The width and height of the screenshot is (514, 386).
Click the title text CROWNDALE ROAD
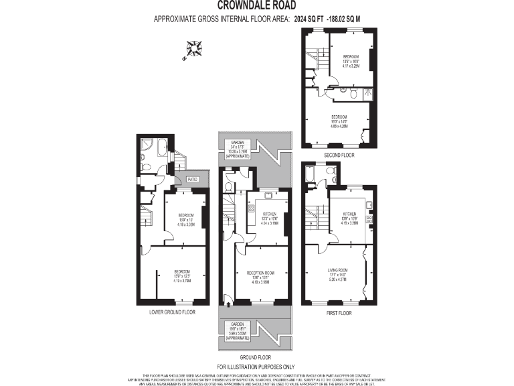(256, 7)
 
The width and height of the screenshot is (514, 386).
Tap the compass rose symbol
(194, 50)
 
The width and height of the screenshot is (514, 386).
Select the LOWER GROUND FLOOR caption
(172, 312)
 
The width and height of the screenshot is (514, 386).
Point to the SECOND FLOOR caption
(339, 155)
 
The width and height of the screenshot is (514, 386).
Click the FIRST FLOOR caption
(338, 312)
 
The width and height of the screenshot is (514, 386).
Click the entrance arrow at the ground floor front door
(230, 304)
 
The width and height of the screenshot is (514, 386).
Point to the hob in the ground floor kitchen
(252, 209)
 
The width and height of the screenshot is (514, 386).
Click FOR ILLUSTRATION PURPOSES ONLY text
(256, 367)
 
